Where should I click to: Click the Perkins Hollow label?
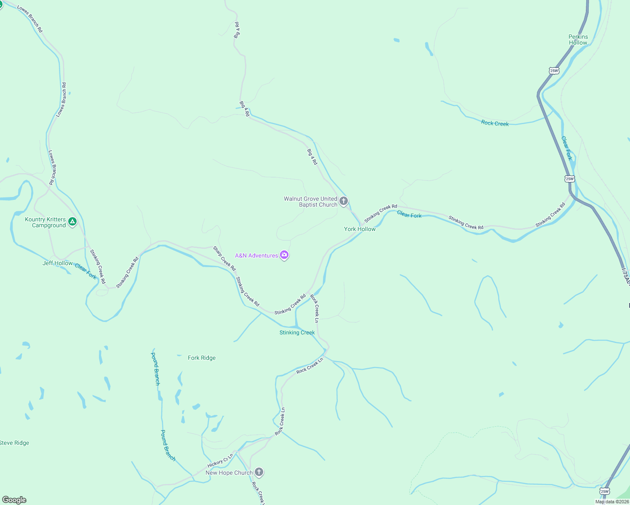coord(578,40)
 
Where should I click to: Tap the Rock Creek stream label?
coord(495,123)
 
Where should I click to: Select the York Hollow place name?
coord(360,229)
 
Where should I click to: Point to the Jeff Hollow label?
coord(58,263)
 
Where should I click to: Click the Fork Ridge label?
coord(202,358)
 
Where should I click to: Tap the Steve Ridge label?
coord(15,443)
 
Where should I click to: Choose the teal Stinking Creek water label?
coord(297,332)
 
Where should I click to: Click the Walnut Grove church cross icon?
coord(344,201)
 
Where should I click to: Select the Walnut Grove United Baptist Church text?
coord(311,202)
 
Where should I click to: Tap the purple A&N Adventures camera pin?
coord(284,255)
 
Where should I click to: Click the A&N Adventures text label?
coord(256,255)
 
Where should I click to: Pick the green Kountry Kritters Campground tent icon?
coord(72,221)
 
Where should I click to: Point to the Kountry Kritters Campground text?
coord(45,222)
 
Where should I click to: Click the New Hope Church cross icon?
coord(259,472)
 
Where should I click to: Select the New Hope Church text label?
coord(229,473)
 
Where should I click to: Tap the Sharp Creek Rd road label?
coord(224,258)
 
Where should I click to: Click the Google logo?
coord(14,500)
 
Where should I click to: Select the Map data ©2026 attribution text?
coord(612,502)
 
